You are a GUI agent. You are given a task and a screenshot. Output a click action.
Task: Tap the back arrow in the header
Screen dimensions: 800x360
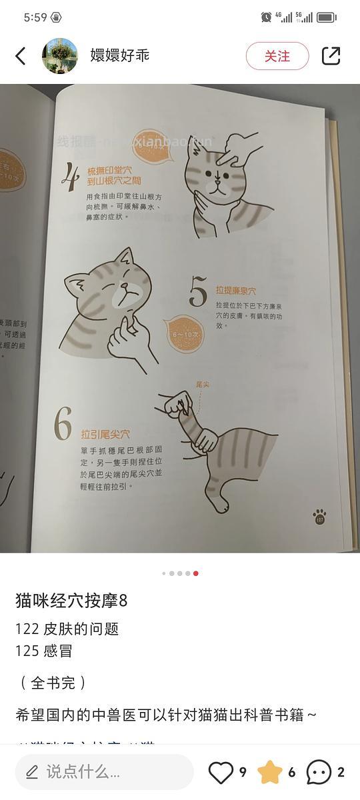coord(21,56)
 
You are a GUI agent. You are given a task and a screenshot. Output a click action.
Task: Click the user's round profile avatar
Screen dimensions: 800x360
coord(60,56)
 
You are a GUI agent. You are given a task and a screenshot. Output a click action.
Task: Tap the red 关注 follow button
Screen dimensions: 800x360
coord(277,56)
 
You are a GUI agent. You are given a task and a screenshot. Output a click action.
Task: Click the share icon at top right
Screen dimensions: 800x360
coord(331,56)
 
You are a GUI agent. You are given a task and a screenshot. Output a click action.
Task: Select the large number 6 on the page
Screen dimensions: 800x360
coord(63,424)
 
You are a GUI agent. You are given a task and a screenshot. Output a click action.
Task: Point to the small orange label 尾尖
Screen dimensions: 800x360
coord(203,385)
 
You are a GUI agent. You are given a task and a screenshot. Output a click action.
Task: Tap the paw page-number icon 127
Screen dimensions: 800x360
coord(319,517)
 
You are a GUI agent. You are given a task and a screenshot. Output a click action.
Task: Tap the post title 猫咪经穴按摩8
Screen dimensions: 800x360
coord(71,601)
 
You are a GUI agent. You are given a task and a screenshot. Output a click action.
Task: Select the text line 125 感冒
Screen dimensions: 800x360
coord(44,651)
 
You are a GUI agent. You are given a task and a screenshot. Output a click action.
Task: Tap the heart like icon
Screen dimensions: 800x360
coord(221,772)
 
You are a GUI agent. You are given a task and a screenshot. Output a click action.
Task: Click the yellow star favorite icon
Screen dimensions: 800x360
coord(270,772)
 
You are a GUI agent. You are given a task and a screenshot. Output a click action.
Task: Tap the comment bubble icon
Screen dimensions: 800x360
coord(319,772)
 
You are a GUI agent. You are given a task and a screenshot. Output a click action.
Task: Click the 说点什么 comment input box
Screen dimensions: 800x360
coord(104,772)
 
